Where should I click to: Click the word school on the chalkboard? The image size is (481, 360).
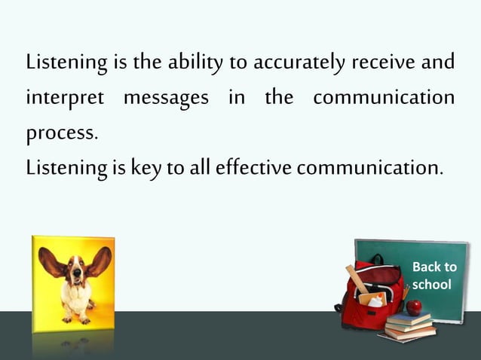coord(432,284)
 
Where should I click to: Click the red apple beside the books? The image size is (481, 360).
coord(414,307)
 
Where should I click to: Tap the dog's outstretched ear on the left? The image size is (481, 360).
coord(51,260)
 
